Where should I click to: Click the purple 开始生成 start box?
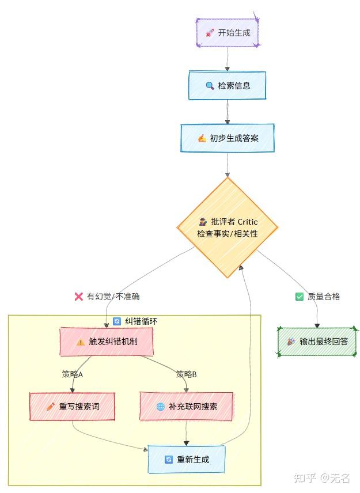click(228, 33)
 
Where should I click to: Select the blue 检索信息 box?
click(228, 86)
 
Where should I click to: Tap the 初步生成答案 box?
click(228, 138)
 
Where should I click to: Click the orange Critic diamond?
click(228, 227)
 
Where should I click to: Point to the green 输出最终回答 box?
click(317, 342)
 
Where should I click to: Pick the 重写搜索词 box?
click(72, 407)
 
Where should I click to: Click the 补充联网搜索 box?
click(186, 407)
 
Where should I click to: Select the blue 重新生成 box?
click(186, 460)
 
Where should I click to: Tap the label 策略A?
click(73, 374)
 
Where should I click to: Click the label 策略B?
click(186, 374)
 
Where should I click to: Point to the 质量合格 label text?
click(324, 297)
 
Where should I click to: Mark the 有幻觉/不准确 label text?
click(113, 297)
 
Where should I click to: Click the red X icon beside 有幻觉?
click(79, 297)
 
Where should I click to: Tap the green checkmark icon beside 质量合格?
click(299, 297)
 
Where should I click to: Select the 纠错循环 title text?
click(141, 321)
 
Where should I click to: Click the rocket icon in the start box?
click(210, 33)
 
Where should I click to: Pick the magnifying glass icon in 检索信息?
click(210, 86)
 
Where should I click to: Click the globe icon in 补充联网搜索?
click(160, 407)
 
